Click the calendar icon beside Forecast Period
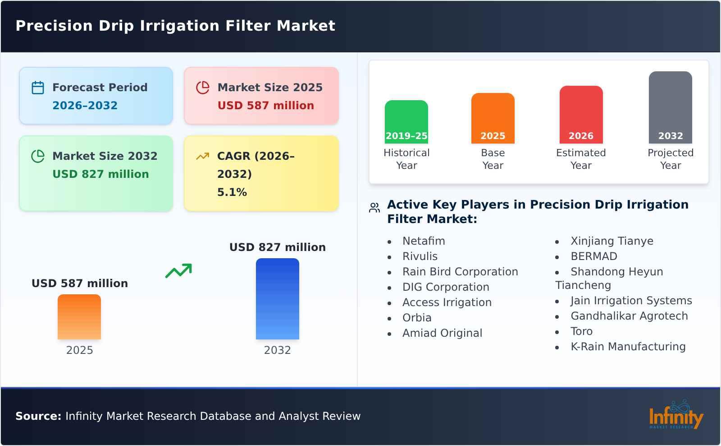38,88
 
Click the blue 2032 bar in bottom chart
277,299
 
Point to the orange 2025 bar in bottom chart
79,317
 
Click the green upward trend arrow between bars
178,271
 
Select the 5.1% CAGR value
232,192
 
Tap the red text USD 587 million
265,106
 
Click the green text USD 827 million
100,174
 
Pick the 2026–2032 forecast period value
85,106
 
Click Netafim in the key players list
424,241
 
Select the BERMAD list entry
593,256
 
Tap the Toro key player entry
581,331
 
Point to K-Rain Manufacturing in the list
628,347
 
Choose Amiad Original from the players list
442,333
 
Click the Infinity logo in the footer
675,415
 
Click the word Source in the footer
38,416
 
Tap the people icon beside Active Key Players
374,208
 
